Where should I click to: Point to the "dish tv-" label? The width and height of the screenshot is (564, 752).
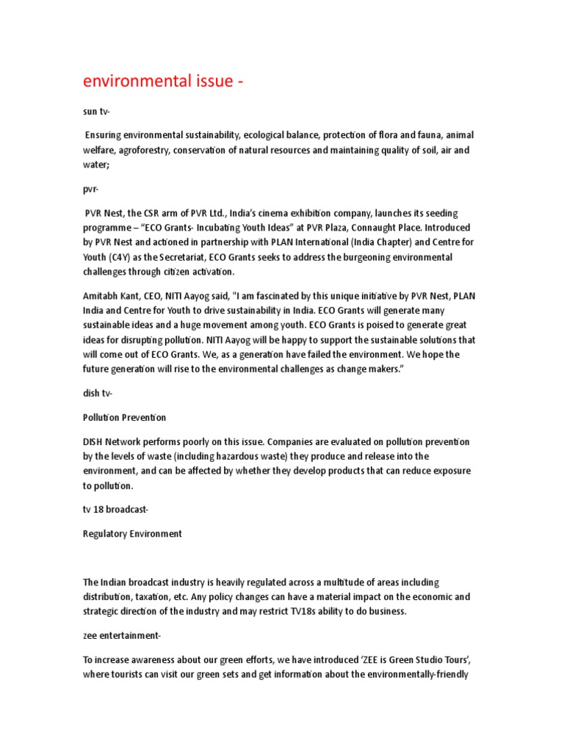pos(98,394)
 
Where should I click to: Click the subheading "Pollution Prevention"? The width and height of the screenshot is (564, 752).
pos(124,418)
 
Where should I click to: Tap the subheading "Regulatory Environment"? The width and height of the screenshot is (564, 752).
pos(132,534)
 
